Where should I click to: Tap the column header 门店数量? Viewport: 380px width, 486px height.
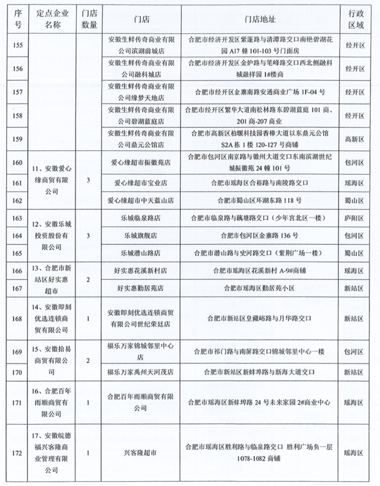(x=89, y=20)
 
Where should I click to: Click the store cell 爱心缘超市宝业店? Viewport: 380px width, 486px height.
(x=140, y=183)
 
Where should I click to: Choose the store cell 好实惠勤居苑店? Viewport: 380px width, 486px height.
(x=140, y=288)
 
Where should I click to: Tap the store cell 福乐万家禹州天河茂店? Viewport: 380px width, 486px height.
(x=140, y=372)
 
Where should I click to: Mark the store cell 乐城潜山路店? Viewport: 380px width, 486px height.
(x=140, y=253)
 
